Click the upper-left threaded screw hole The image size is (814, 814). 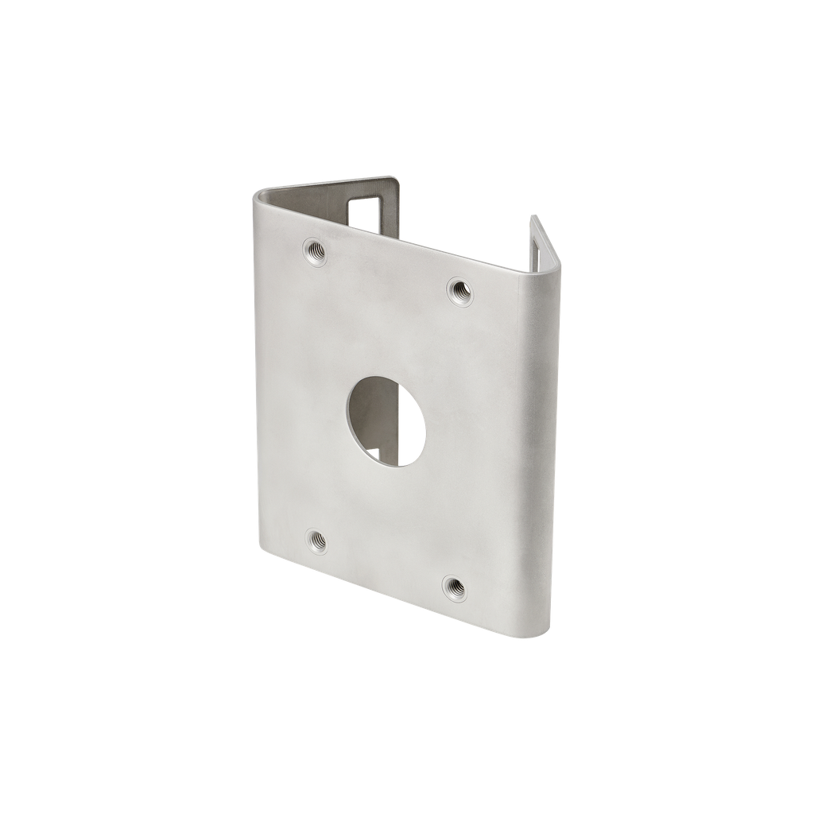[316, 250]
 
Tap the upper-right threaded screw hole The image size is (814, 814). [459, 289]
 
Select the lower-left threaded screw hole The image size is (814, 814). [316, 543]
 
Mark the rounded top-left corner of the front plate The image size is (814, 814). [260, 196]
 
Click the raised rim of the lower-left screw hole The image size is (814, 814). [308, 544]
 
